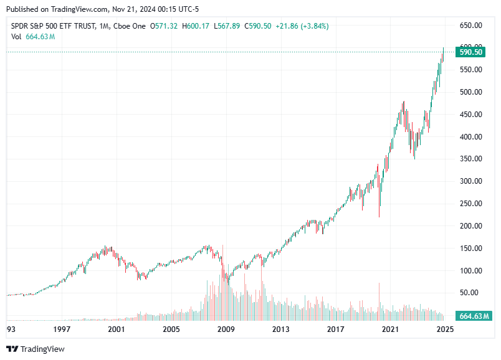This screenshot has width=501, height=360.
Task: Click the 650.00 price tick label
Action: point(470,26)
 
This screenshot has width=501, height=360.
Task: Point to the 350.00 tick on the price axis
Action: point(470,159)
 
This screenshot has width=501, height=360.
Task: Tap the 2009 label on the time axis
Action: point(226,329)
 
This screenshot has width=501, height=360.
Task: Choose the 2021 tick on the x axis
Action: point(390,329)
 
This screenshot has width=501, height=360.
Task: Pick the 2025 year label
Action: point(444,329)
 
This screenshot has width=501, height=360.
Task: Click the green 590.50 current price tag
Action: point(471,52)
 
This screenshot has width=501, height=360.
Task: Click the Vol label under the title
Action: point(17,36)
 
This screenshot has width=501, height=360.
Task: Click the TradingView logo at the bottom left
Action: point(36,349)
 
